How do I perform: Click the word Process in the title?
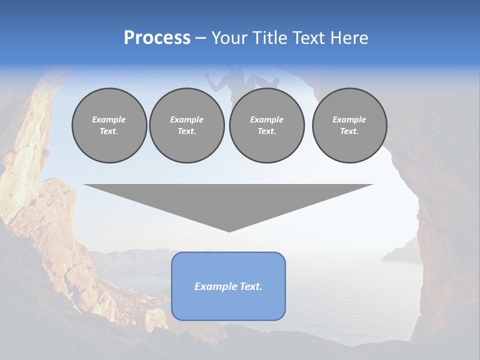[157, 38]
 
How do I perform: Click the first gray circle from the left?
[109, 125]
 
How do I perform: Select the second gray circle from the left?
[186, 125]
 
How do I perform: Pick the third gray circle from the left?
[266, 125]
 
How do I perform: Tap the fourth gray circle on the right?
[349, 125]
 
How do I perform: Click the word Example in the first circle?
[109, 119]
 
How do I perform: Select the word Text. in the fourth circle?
[349, 131]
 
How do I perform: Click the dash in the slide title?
[201, 38]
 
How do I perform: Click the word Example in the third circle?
[266, 119]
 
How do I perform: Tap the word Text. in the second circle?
[186, 131]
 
